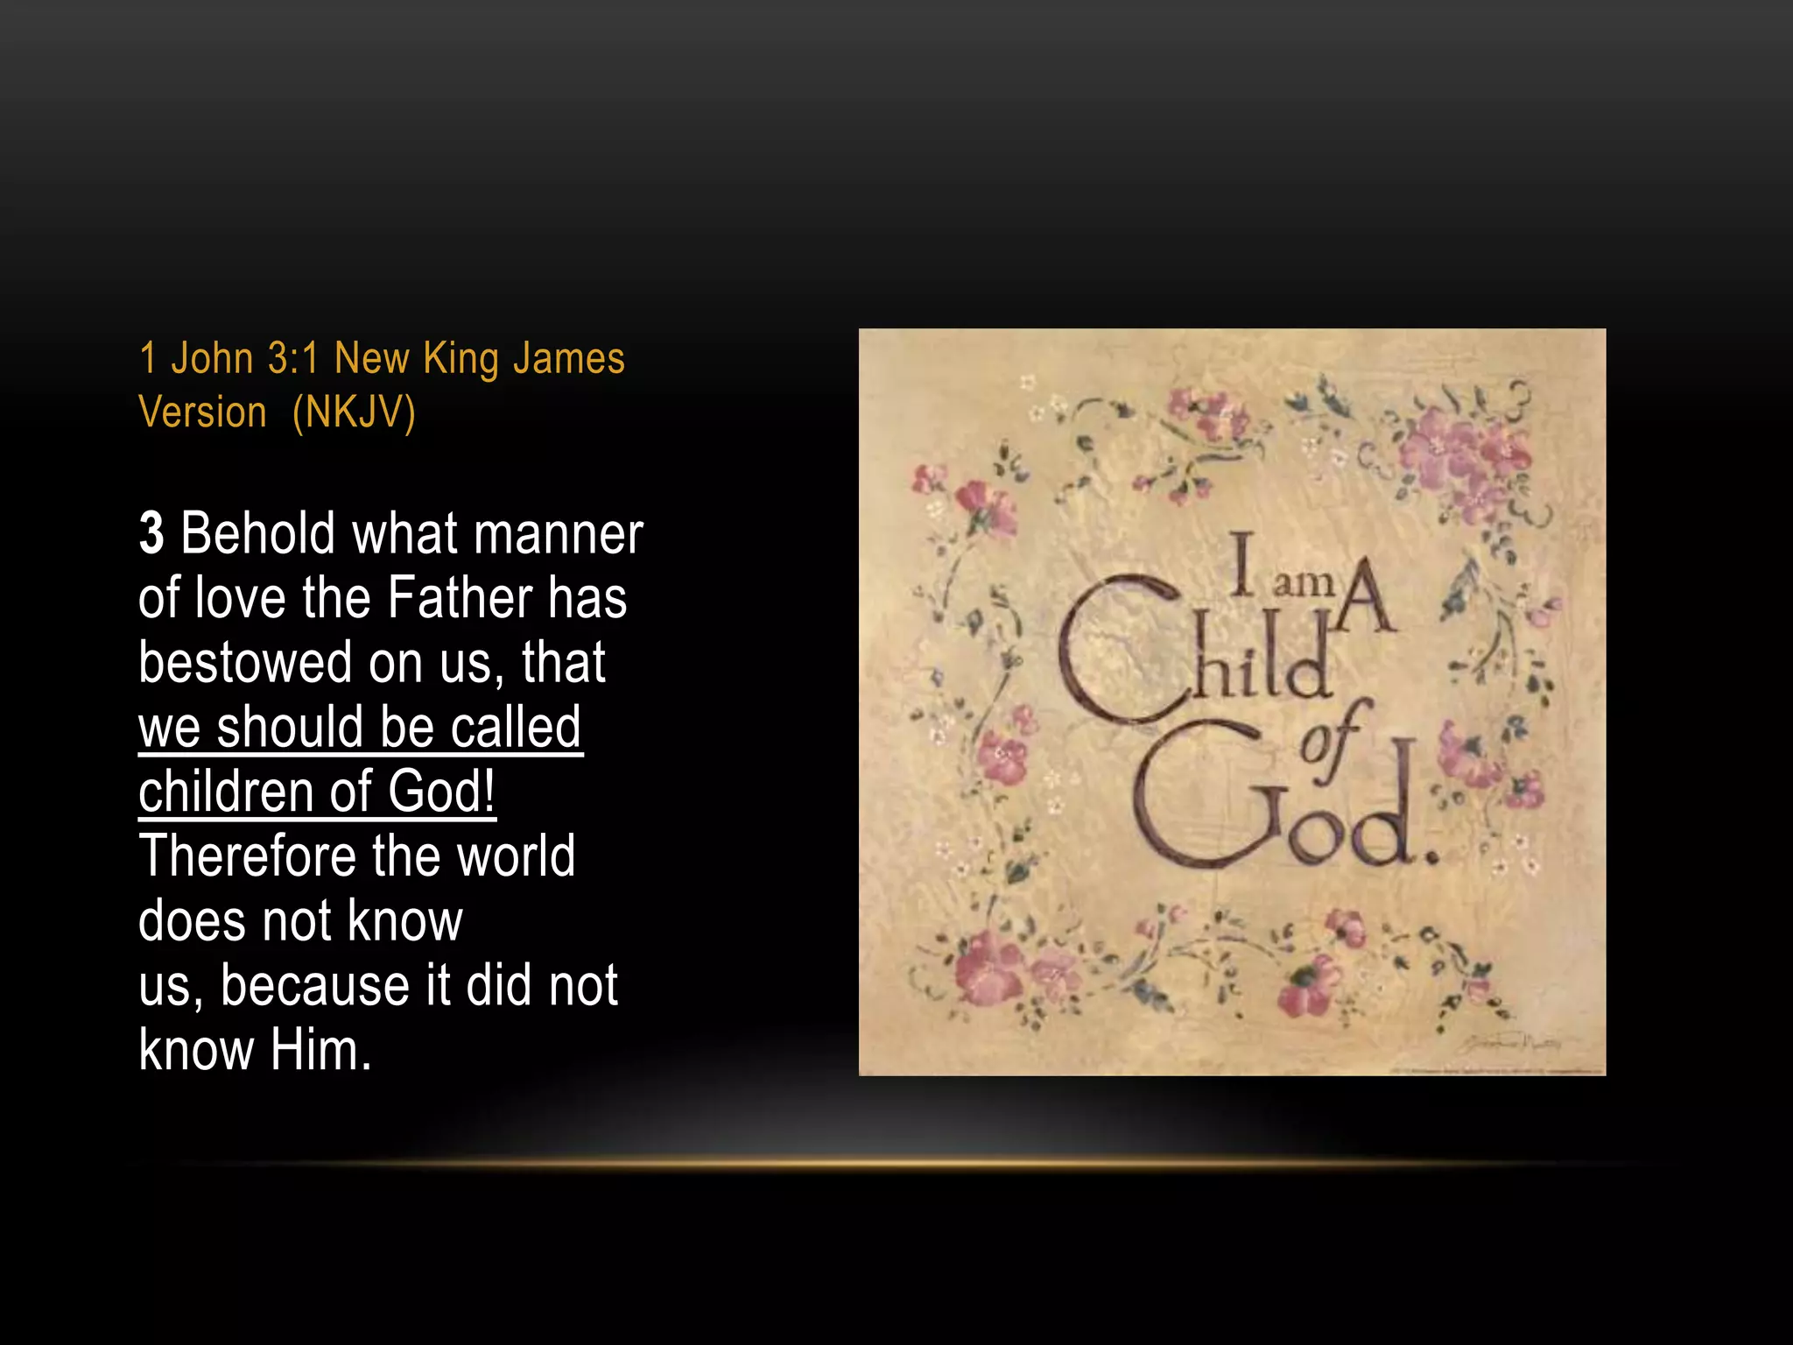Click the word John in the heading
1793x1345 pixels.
coord(212,359)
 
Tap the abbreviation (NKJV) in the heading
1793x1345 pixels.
coord(354,412)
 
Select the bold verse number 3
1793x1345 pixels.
coord(151,533)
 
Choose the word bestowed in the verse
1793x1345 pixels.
coord(246,663)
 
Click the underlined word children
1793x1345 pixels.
coord(225,792)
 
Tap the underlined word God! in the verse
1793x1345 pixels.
coord(441,792)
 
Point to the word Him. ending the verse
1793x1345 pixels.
coord(320,1050)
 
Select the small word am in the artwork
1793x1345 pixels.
coord(1303,583)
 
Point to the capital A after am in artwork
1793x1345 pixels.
coord(1366,595)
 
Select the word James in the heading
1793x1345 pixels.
coord(568,359)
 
